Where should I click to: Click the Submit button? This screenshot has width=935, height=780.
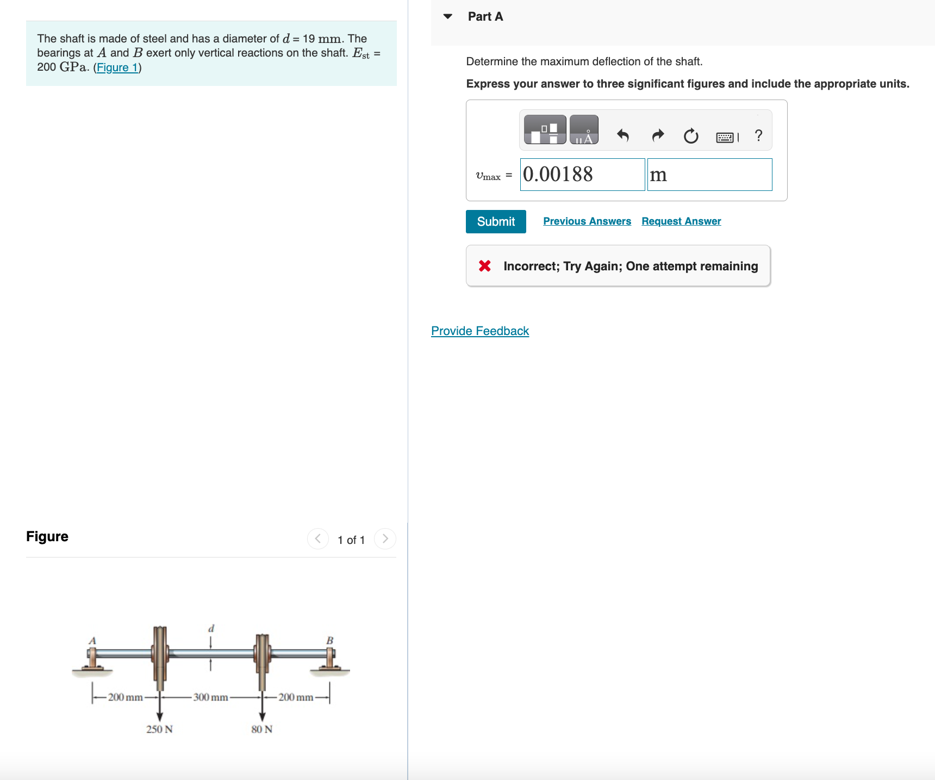pyautogui.click(x=495, y=221)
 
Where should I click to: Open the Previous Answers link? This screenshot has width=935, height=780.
pyautogui.click(x=587, y=221)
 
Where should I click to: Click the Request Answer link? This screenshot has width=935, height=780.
pyautogui.click(x=681, y=221)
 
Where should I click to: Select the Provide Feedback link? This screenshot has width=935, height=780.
pyautogui.click(x=479, y=331)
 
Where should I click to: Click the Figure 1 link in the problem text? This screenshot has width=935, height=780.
pyautogui.click(x=117, y=67)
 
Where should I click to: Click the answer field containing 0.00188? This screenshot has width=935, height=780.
pyautogui.click(x=582, y=175)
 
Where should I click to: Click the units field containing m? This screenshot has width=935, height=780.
pyautogui.click(x=709, y=175)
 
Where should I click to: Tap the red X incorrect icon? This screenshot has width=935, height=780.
pyautogui.click(x=484, y=266)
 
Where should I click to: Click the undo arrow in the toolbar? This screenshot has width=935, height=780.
pyautogui.click(x=623, y=135)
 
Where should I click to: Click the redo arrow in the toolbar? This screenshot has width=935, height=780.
pyautogui.click(x=658, y=135)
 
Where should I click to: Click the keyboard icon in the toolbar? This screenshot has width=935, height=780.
pyautogui.click(x=725, y=137)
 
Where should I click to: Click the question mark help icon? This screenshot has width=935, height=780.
pyautogui.click(x=758, y=135)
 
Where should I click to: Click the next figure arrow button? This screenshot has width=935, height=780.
pyautogui.click(x=385, y=538)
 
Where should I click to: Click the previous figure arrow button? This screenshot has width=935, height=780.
pyautogui.click(x=318, y=538)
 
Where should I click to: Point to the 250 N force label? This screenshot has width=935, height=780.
pyautogui.click(x=159, y=729)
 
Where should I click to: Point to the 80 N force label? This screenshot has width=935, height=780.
pyautogui.click(x=261, y=729)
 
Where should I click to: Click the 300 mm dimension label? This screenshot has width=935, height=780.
pyautogui.click(x=210, y=697)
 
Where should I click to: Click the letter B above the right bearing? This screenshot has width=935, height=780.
pyautogui.click(x=329, y=641)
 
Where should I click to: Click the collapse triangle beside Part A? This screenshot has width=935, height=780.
pyautogui.click(x=448, y=16)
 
